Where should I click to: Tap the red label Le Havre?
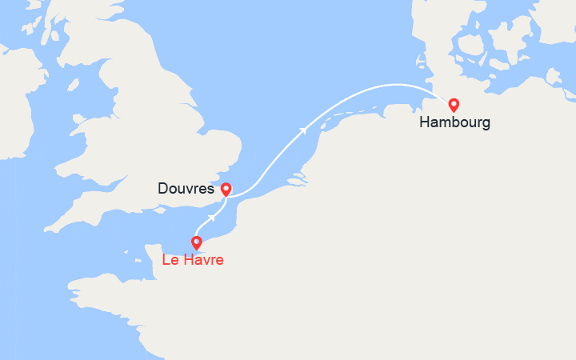point(193,260)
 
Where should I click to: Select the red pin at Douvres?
point(226,189)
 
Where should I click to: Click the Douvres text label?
point(186,190)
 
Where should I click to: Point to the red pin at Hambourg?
point(454,104)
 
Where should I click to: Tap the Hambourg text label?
point(454,124)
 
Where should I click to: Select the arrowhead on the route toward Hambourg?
point(303,129)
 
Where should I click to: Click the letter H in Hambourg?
point(423,124)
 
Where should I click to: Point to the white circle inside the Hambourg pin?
point(454,103)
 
